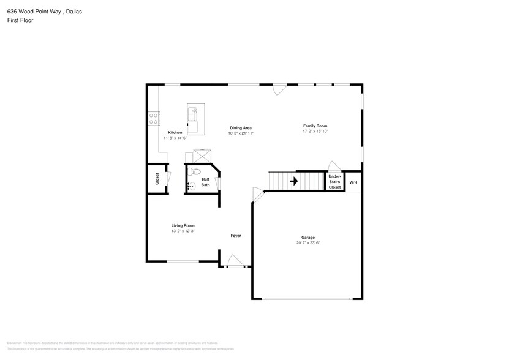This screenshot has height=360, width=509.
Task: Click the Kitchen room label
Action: (175, 133)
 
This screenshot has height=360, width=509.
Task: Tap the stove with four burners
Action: (154, 118)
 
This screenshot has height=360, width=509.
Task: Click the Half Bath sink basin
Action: (191, 186)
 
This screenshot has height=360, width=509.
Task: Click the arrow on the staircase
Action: (293, 181)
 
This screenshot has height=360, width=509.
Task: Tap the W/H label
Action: (353, 182)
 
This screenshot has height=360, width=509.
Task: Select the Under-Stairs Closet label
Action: (334, 182)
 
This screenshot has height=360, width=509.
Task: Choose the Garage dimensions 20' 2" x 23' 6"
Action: (307, 243)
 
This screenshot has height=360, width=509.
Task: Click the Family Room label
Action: (315, 126)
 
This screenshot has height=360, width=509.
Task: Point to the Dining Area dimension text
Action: (241, 133)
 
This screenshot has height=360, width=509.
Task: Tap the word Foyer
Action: (236, 236)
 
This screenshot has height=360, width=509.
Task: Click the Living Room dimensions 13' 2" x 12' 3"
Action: (183, 231)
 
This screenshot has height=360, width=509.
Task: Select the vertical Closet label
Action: (157, 179)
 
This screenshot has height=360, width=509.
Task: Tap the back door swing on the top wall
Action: (279, 89)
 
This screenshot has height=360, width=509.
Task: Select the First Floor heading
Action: (20, 20)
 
